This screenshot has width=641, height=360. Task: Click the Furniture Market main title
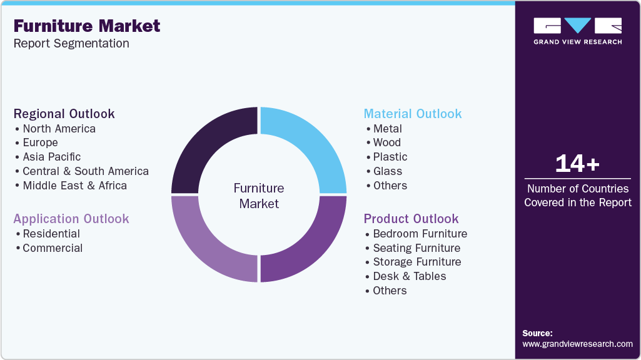[x=87, y=26]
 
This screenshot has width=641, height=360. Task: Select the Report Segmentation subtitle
[x=71, y=44]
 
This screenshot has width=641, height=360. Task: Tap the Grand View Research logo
[x=577, y=31]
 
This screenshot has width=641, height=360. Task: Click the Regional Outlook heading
[x=64, y=114]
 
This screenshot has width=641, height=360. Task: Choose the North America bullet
[x=59, y=129]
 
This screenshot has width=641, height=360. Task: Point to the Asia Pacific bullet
[x=51, y=157]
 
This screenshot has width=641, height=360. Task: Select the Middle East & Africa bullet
[x=74, y=186]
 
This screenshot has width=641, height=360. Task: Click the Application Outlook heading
[x=71, y=219]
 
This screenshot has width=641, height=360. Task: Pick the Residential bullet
[x=51, y=234]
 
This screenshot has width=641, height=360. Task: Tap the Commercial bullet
[x=53, y=248]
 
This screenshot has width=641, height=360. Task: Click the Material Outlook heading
[x=413, y=114]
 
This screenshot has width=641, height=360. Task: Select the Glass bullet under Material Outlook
[x=387, y=171]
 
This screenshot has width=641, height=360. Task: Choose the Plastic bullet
[x=390, y=157]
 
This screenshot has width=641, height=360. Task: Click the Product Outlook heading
[x=411, y=219]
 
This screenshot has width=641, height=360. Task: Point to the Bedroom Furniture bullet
[x=420, y=234]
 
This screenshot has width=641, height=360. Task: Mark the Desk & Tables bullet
[x=409, y=276]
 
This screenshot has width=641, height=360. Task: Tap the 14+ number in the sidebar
[x=577, y=164]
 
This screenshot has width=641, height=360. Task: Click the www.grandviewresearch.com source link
[x=577, y=344]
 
